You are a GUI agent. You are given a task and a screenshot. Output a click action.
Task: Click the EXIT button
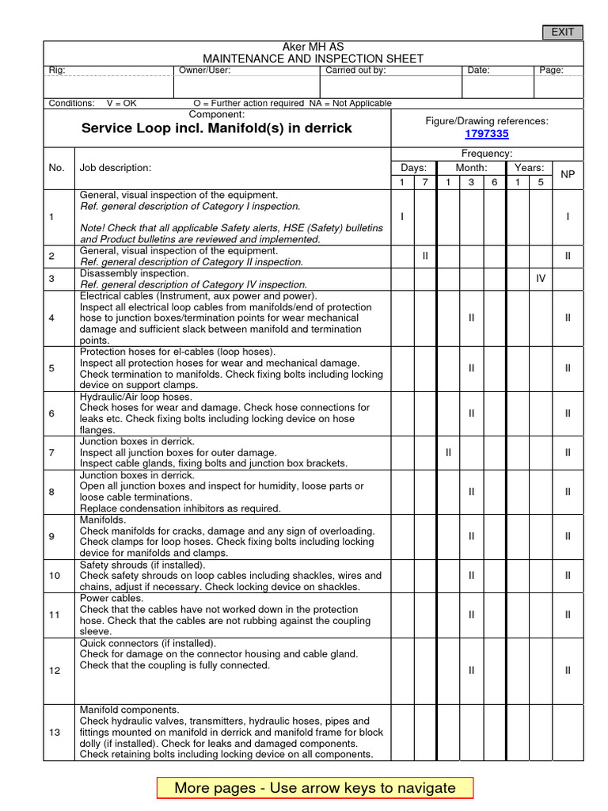562,32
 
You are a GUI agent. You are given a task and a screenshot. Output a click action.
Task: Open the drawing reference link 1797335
486,134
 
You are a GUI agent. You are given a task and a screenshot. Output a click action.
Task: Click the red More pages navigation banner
315,787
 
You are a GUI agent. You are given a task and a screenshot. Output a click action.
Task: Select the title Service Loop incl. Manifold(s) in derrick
217,128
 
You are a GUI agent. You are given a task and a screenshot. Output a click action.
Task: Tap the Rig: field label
57,70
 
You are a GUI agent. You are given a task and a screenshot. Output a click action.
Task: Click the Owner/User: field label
204,70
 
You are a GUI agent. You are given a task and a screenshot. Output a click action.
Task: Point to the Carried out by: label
355,70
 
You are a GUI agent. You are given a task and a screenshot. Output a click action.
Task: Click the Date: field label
478,70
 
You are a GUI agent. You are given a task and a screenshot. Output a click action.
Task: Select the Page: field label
551,70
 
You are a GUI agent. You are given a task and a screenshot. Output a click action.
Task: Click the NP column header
568,173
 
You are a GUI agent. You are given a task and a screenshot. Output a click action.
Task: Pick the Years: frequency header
529,168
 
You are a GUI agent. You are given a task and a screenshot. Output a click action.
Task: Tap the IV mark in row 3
541,279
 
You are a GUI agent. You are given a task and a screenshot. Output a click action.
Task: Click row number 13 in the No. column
55,733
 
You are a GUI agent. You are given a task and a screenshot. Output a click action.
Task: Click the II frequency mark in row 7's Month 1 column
448,452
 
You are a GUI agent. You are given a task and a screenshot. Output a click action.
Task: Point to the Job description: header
115,168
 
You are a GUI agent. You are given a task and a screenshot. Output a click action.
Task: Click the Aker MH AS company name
313,48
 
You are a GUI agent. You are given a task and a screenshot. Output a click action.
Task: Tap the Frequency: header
487,154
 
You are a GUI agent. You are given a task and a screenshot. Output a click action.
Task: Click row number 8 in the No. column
51,492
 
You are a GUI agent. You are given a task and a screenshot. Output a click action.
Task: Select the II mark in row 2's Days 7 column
425,256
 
